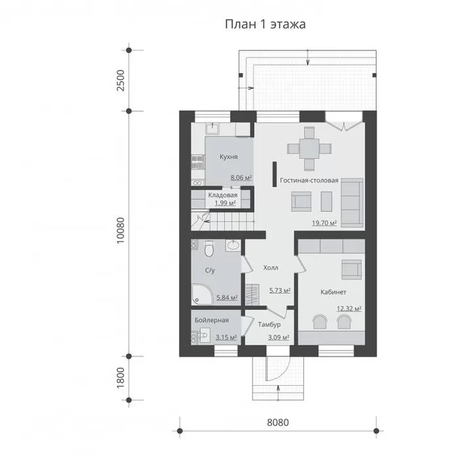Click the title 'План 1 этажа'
click(265, 24)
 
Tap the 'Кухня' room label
click(229, 157)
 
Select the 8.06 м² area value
click(241, 177)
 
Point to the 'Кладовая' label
click(223, 195)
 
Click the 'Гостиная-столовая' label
click(309, 180)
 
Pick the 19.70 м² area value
click(324, 223)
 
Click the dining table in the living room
click(309, 148)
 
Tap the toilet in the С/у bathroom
click(209, 248)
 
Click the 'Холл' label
click(271, 267)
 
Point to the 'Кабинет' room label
click(333, 292)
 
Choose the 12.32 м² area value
click(349, 309)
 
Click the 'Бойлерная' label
click(212, 320)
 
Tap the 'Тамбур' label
click(269, 324)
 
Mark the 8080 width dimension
click(278, 422)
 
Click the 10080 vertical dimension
click(120, 230)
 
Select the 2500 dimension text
click(120, 80)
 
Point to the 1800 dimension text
click(120, 378)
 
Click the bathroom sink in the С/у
click(233, 245)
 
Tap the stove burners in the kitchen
click(197, 162)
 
